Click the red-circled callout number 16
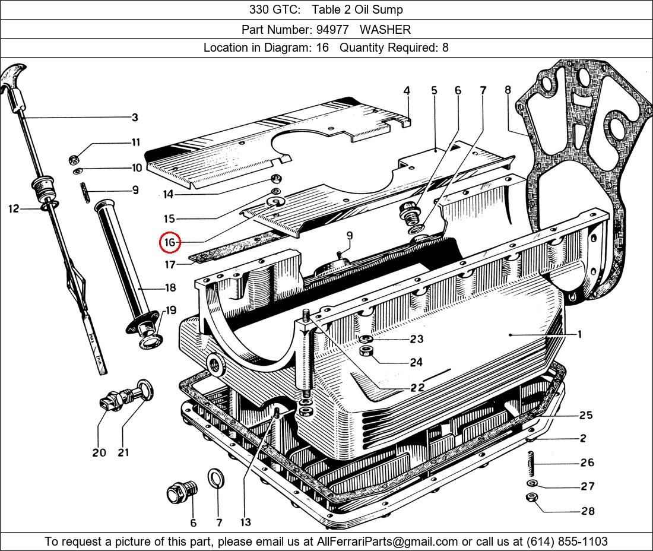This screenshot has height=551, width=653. coord(170,242)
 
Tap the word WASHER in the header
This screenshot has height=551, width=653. coord(385,29)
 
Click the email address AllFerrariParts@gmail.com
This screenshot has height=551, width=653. coord(388,541)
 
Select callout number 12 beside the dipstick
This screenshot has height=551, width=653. coord(14,208)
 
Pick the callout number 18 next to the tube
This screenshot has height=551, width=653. coord(170,288)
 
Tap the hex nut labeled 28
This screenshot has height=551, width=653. coord(532,498)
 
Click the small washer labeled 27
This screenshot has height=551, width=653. coord(532,483)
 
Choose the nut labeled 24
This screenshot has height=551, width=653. coord(367,351)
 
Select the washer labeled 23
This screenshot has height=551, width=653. coord(367,340)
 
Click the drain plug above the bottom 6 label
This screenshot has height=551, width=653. coord(179,492)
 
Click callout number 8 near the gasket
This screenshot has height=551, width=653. coord(508,90)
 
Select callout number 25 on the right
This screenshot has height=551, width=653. coord(586,415)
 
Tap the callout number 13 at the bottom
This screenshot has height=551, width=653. coord(245,522)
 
